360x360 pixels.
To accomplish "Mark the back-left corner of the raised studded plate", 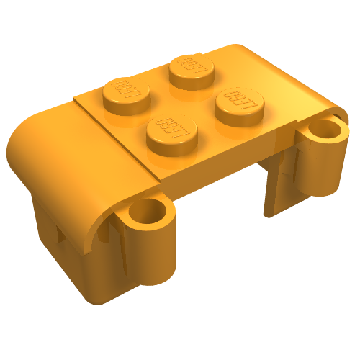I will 77,96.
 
